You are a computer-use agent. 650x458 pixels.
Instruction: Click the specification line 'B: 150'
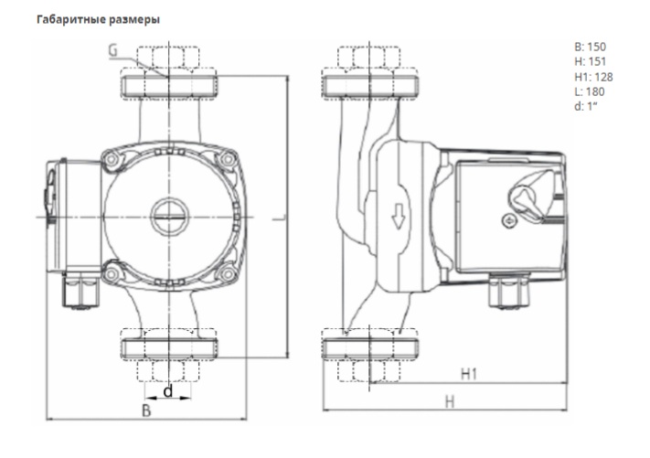[588, 47]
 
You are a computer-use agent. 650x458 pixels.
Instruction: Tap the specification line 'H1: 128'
[591, 76]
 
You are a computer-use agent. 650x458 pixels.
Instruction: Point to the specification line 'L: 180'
[586, 91]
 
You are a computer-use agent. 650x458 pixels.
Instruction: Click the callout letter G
[112, 51]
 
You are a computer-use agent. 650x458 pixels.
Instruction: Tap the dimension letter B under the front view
[145, 410]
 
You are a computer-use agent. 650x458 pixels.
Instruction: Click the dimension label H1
[469, 374]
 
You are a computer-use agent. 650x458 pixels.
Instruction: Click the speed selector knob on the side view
[527, 194]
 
